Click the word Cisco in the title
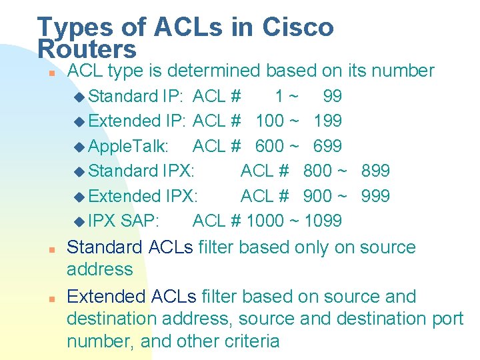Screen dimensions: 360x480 [297, 27]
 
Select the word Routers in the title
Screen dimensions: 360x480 [87, 49]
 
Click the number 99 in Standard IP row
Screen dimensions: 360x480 [332, 96]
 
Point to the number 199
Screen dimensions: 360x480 [327, 121]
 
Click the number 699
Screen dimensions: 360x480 [327, 146]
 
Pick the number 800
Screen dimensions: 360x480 [317, 171]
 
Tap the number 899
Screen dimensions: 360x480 [375, 171]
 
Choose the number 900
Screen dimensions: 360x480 [317, 196]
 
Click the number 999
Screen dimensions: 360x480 [375, 196]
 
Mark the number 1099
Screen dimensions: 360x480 [323, 221]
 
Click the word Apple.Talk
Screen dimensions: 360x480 [128, 146]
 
